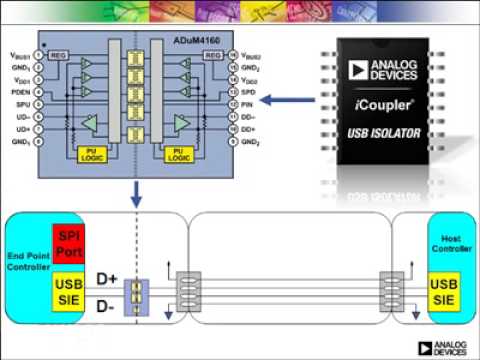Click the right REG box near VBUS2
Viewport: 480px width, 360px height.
click(x=212, y=55)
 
